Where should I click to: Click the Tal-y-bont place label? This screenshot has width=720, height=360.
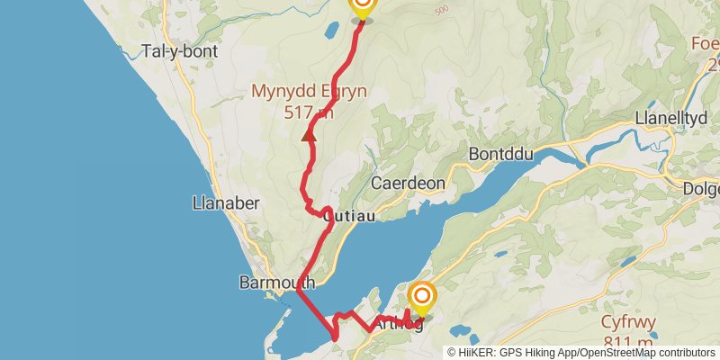pyautogui.click(x=180, y=51)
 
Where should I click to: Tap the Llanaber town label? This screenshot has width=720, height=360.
pyautogui.click(x=226, y=202)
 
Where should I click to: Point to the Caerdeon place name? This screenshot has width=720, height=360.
pyautogui.click(x=409, y=183)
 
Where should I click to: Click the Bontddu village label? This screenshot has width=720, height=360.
pyautogui.click(x=501, y=155)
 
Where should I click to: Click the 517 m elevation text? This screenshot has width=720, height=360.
pyautogui.click(x=309, y=112)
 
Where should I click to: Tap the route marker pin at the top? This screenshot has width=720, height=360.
pyautogui.click(x=362, y=8)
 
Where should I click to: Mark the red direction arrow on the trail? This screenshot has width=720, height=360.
pyautogui.click(x=308, y=136)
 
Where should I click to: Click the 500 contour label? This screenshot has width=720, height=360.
pyautogui.click(x=441, y=10)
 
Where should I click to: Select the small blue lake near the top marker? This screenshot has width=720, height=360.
pyautogui.click(x=330, y=30)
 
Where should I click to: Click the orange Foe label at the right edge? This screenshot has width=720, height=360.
pyautogui.click(x=705, y=43)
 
